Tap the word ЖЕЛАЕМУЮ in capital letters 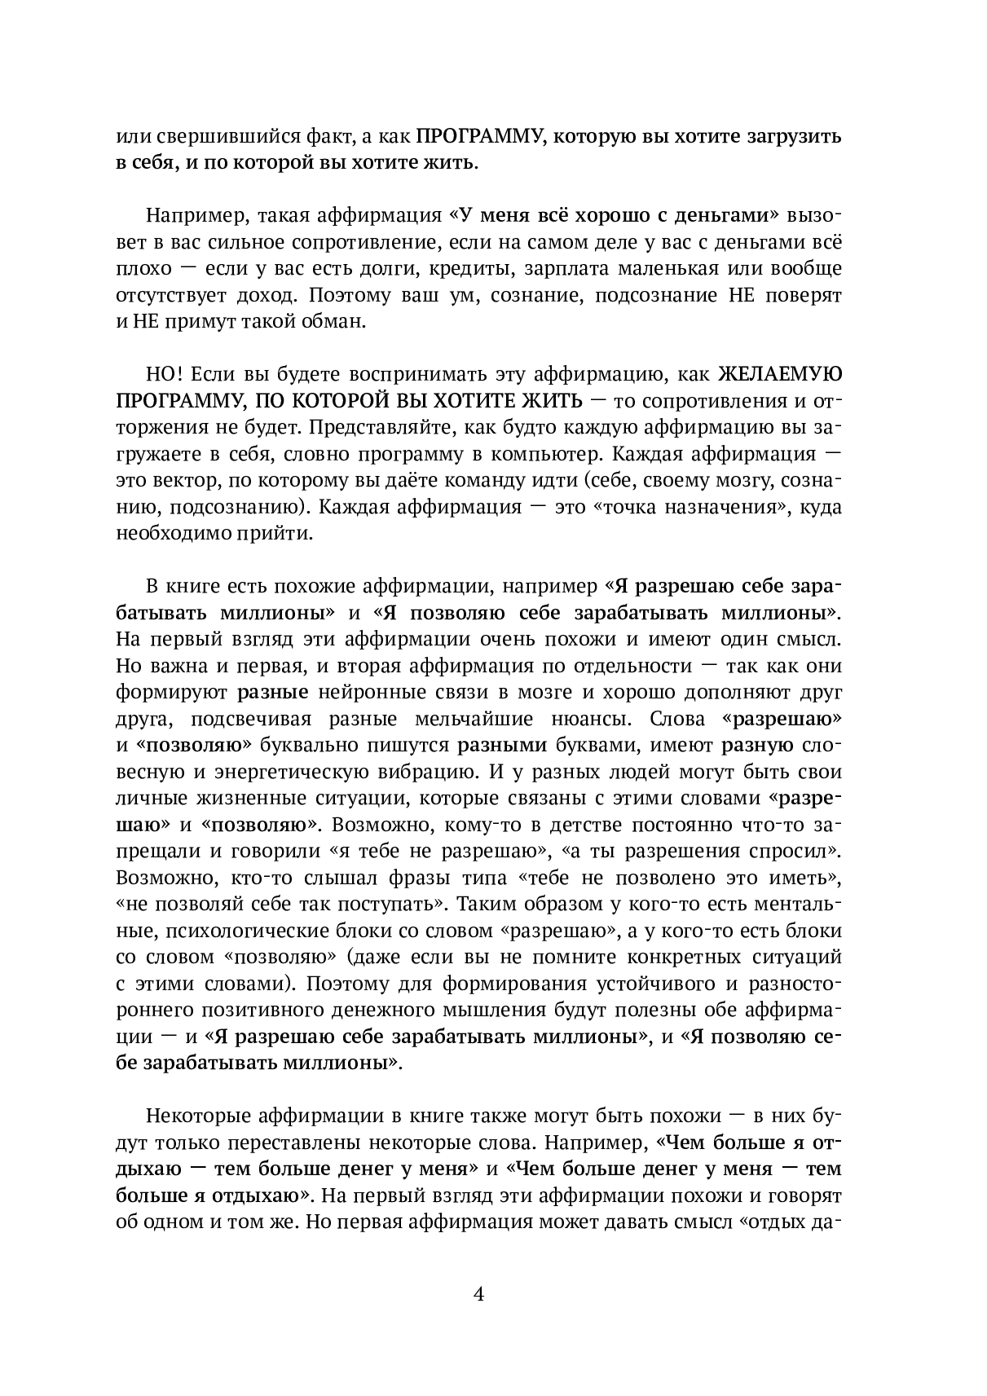(x=779, y=374)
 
